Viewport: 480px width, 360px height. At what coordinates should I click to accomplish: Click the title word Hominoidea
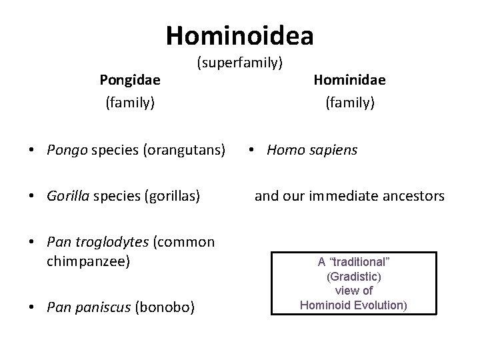point(240,35)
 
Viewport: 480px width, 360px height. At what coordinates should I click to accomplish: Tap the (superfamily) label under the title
point(240,63)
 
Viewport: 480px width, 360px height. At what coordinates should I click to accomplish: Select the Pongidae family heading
point(130,80)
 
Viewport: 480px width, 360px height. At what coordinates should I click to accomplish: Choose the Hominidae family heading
point(350,80)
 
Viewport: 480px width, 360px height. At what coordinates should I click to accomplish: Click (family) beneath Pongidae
point(130,103)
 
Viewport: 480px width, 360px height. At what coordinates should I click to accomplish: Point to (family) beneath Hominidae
point(350,103)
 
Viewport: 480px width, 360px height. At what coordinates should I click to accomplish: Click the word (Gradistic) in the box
point(353,276)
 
